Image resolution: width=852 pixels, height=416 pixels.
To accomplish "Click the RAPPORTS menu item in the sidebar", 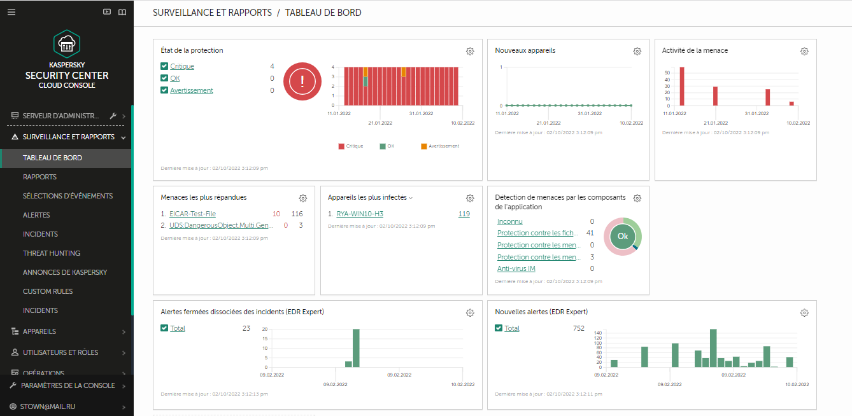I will pyautogui.click(x=39, y=177).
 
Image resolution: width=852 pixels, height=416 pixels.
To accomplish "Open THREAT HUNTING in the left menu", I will pyautogui.click(x=52, y=253).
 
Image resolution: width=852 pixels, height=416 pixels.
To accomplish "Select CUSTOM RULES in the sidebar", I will pyautogui.click(x=48, y=291).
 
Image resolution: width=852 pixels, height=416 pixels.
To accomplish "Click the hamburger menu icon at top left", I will pyautogui.click(x=11, y=12).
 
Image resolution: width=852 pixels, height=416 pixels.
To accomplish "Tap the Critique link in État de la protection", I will pyautogui.click(x=182, y=66).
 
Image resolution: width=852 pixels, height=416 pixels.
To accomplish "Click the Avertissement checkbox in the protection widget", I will pyautogui.click(x=164, y=90).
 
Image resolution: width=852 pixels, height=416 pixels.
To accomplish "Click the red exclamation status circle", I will pyautogui.click(x=302, y=81).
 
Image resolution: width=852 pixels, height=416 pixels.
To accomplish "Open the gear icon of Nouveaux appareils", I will pyautogui.click(x=637, y=52).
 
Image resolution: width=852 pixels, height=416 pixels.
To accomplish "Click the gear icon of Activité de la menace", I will pyautogui.click(x=804, y=52).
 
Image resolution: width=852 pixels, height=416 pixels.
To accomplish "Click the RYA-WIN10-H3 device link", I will pyautogui.click(x=360, y=214).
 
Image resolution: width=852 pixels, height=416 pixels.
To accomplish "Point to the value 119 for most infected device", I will pyautogui.click(x=464, y=214).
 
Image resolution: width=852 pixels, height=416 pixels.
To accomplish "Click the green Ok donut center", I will pyautogui.click(x=622, y=236).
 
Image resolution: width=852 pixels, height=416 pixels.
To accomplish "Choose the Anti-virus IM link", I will pyautogui.click(x=516, y=269).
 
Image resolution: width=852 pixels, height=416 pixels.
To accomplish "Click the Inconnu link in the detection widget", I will pyautogui.click(x=509, y=221).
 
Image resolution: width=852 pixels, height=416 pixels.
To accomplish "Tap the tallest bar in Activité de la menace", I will pyautogui.click(x=681, y=86).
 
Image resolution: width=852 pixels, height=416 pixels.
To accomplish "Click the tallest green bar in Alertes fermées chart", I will pyautogui.click(x=356, y=348).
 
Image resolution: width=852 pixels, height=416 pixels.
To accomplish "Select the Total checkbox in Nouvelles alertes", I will pyautogui.click(x=499, y=328).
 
